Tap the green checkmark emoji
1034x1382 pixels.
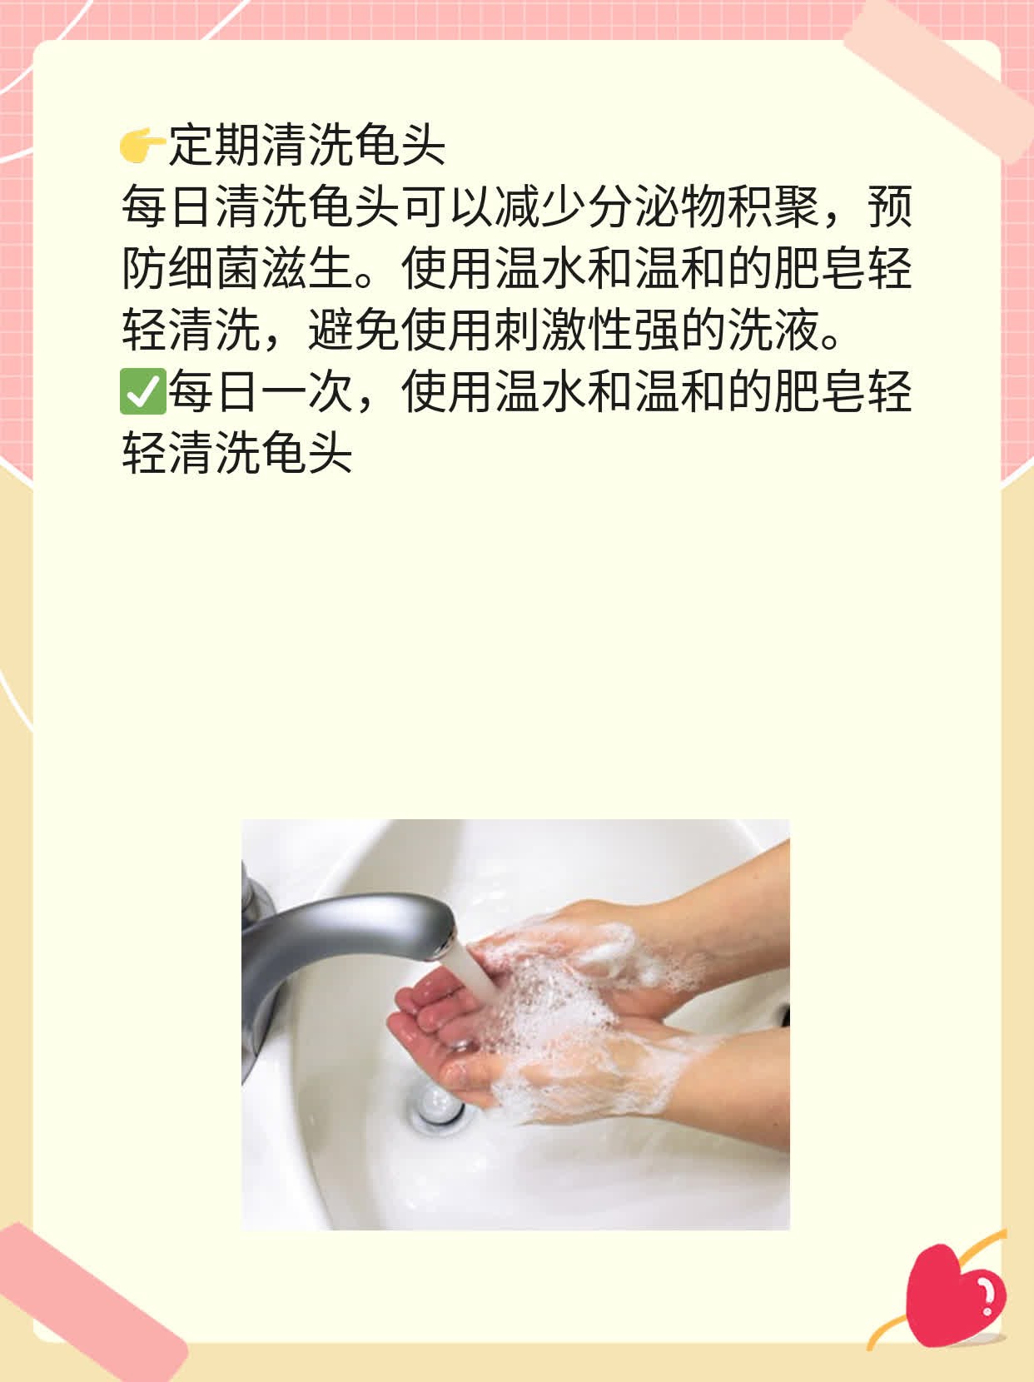click(142, 393)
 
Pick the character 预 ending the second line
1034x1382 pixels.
click(890, 208)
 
